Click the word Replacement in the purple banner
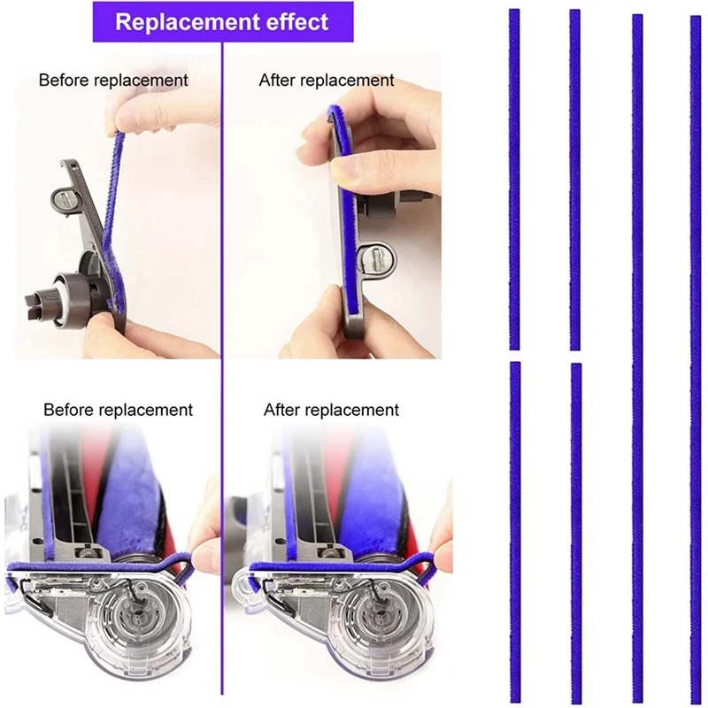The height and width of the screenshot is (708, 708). [173, 22]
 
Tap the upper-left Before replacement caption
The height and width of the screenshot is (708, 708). [113, 81]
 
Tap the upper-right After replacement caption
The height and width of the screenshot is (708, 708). [327, 81]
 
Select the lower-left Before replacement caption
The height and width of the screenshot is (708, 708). [118, 411]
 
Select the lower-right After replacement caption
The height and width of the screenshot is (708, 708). [331, 411]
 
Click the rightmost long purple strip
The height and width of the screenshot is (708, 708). [695, 354]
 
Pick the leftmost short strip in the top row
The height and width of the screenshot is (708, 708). [514, 177]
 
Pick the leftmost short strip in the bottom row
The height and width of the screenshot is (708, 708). [515, 531]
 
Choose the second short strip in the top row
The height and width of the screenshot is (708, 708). [574, 177]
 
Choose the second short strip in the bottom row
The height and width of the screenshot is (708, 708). [576, 531]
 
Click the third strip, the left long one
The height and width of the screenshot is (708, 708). [637, 354]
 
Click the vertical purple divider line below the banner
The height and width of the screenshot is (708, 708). [221, 221]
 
